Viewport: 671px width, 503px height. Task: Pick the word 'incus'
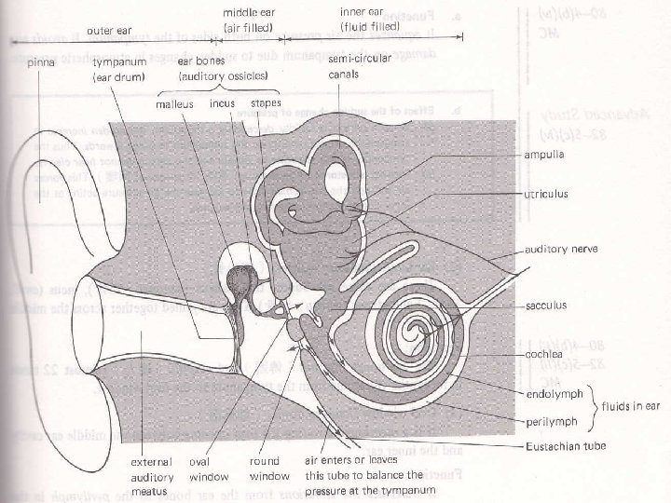pyautogui.click(x=222, y=103)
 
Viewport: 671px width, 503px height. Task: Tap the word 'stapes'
pyautogui.click(x=267, y=102)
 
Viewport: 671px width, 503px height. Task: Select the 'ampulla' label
pyautogui.click(x=547, y=154)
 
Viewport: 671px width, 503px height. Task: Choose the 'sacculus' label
pyautogui.click(x=548, y=304)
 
